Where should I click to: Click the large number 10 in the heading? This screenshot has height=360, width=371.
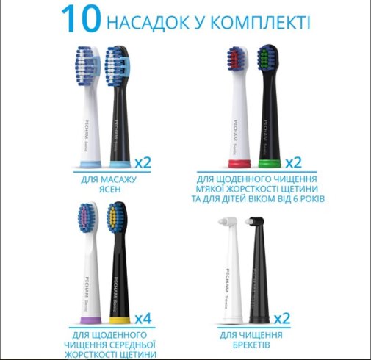point(81,19)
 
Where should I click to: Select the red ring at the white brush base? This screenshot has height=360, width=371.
point(239,163)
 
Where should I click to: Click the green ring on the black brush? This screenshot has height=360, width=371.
point(270,163)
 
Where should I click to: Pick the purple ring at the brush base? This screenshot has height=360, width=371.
point(90,320)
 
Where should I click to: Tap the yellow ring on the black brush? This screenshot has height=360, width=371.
point(120,320)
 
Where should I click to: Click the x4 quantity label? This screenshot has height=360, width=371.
point(143,319)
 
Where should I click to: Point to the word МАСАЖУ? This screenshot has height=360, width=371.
point(118,179)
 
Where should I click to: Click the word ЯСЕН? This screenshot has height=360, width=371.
point(110,190)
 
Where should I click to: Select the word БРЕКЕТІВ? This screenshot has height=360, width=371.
point(251,345)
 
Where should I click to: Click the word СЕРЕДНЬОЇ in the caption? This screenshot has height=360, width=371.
point(132,345)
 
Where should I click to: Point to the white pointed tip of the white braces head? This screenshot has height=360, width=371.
point(222,222)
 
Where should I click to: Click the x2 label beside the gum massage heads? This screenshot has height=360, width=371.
point(143,162)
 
